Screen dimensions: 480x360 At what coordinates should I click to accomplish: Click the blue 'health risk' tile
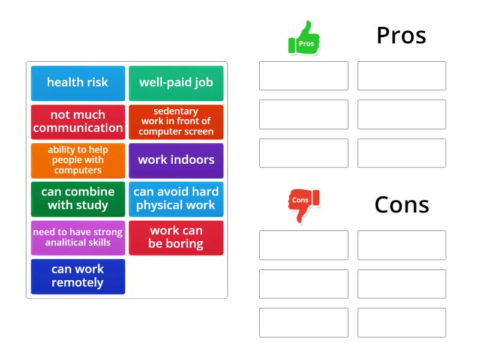pyautogui.click(x=78, y=83)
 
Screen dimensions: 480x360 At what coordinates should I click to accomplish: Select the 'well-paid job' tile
pyautogui.click(x=176, y=83)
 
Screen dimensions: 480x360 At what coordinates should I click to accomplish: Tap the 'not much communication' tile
pyautogui.click(x=78, y=122)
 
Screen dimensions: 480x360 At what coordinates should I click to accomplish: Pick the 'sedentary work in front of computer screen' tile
pyautogui.click(x=176, y=122)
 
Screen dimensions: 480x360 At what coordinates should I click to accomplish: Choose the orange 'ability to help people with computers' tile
pyautogui.click(x=78, y=161)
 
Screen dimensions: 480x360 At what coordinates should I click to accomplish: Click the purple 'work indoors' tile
pyautogui.click(x=176, y=161)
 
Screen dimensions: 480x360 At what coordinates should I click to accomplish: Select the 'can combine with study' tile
pyautogui.click(x=78, y=199)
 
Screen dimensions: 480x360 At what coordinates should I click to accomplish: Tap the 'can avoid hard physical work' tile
pyautogui.click(x=176, y=199)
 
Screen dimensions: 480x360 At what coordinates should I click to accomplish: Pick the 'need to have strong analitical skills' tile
pyautogui.click(x=78, y=238)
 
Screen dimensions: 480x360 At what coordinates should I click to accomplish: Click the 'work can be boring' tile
pyautogui.click(x=176, y=238)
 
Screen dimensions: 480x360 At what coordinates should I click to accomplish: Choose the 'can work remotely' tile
pyautogui.click(x=78, y=277)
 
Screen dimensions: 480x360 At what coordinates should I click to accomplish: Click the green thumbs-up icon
pyautogui.click(x=304, y=38)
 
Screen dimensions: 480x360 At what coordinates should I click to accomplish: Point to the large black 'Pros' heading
pyautogui.click(x=401, y=35)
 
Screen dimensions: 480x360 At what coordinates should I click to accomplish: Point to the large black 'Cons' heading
pyautogui.click(x=401, y=205)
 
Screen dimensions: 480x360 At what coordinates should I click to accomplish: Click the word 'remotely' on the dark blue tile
pyautogui.click(x=77, y=283)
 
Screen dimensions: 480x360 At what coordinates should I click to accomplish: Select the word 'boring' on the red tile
pyautogui.click(x=185, y=244)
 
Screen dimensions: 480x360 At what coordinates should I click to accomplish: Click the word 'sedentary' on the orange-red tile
pyautogui.click(x=176, y=112)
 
